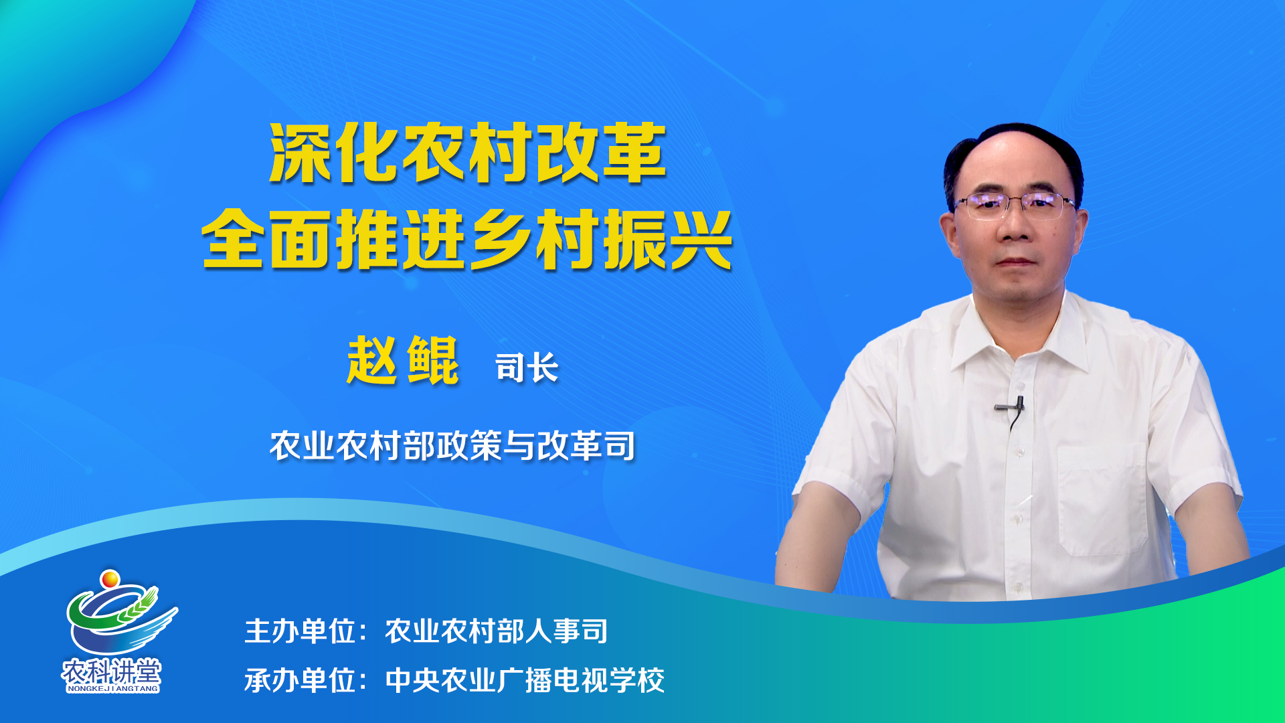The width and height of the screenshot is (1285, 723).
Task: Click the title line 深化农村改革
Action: [x=467, y=153]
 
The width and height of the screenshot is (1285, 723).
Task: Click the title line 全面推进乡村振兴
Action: [x=467, y=239]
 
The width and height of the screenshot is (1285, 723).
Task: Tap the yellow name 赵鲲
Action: [x=403, y=361]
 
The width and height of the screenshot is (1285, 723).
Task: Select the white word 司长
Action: [x=527, y=368]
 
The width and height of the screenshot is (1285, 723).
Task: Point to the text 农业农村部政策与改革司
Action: [x=452, y=446]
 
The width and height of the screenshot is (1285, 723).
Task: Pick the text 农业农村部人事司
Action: [x=497, y=631]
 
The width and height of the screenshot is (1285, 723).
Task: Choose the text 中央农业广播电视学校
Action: [x=525, y=681]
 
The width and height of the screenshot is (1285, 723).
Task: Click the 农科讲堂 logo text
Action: [x=112, y=671]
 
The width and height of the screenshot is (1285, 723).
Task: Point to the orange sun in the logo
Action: [x=110, y=578]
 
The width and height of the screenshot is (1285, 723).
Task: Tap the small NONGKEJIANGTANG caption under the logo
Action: [x=112, y=688]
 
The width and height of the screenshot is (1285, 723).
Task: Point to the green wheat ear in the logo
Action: [x=137, y=605]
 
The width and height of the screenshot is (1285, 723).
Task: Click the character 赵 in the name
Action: [x=373, y=361]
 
